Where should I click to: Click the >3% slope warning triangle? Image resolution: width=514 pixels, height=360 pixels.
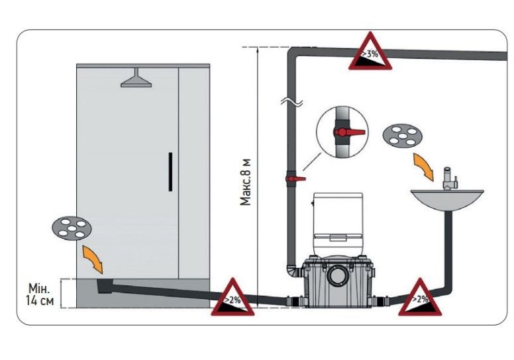click(369, 53)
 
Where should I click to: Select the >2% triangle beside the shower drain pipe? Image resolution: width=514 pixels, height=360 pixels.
click(231, 298)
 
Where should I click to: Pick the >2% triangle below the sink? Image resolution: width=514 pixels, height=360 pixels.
click(417, 298)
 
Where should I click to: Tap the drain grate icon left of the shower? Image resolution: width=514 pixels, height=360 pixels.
click(70, 229)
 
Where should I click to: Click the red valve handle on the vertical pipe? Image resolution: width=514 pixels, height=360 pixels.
click(295, 179)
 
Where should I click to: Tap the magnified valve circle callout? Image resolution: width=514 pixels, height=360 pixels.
click(342, 134)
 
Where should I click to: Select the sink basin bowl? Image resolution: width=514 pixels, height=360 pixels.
click(446, 198)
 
